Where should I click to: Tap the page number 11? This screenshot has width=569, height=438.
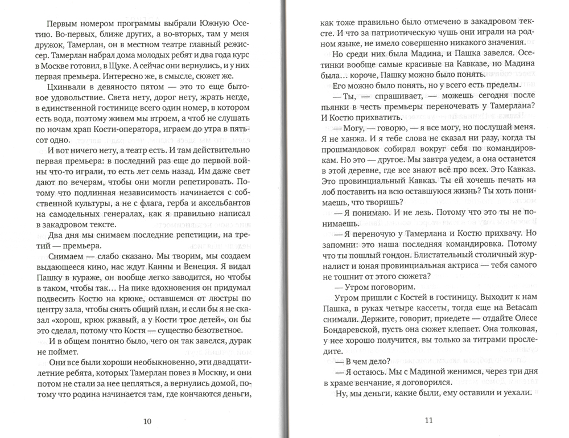click(429, 421)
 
